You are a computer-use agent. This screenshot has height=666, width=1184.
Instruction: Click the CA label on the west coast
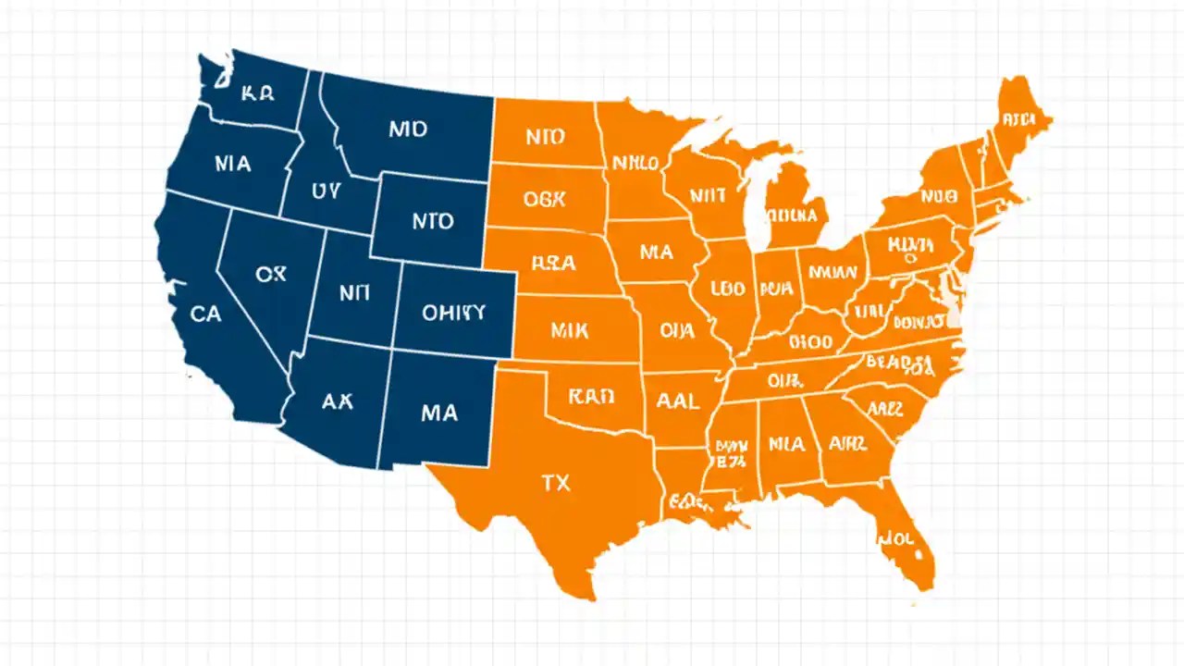(205, 314)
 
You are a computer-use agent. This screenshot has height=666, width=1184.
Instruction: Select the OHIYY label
(453, 312)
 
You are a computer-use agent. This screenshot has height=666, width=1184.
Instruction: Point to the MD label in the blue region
(408, 129)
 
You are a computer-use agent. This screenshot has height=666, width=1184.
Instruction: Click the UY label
(326, 191)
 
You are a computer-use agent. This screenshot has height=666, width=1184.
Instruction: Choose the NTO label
(432, 222)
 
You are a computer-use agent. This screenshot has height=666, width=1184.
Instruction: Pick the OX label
(272, 275)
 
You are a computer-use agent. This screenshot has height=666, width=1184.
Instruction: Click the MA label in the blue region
(438, 413)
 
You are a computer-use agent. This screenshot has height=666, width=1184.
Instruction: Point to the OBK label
(549, 198)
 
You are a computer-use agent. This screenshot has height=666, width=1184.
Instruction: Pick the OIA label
(677, 329)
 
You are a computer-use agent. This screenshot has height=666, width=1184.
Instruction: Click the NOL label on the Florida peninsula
(895, 536)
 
